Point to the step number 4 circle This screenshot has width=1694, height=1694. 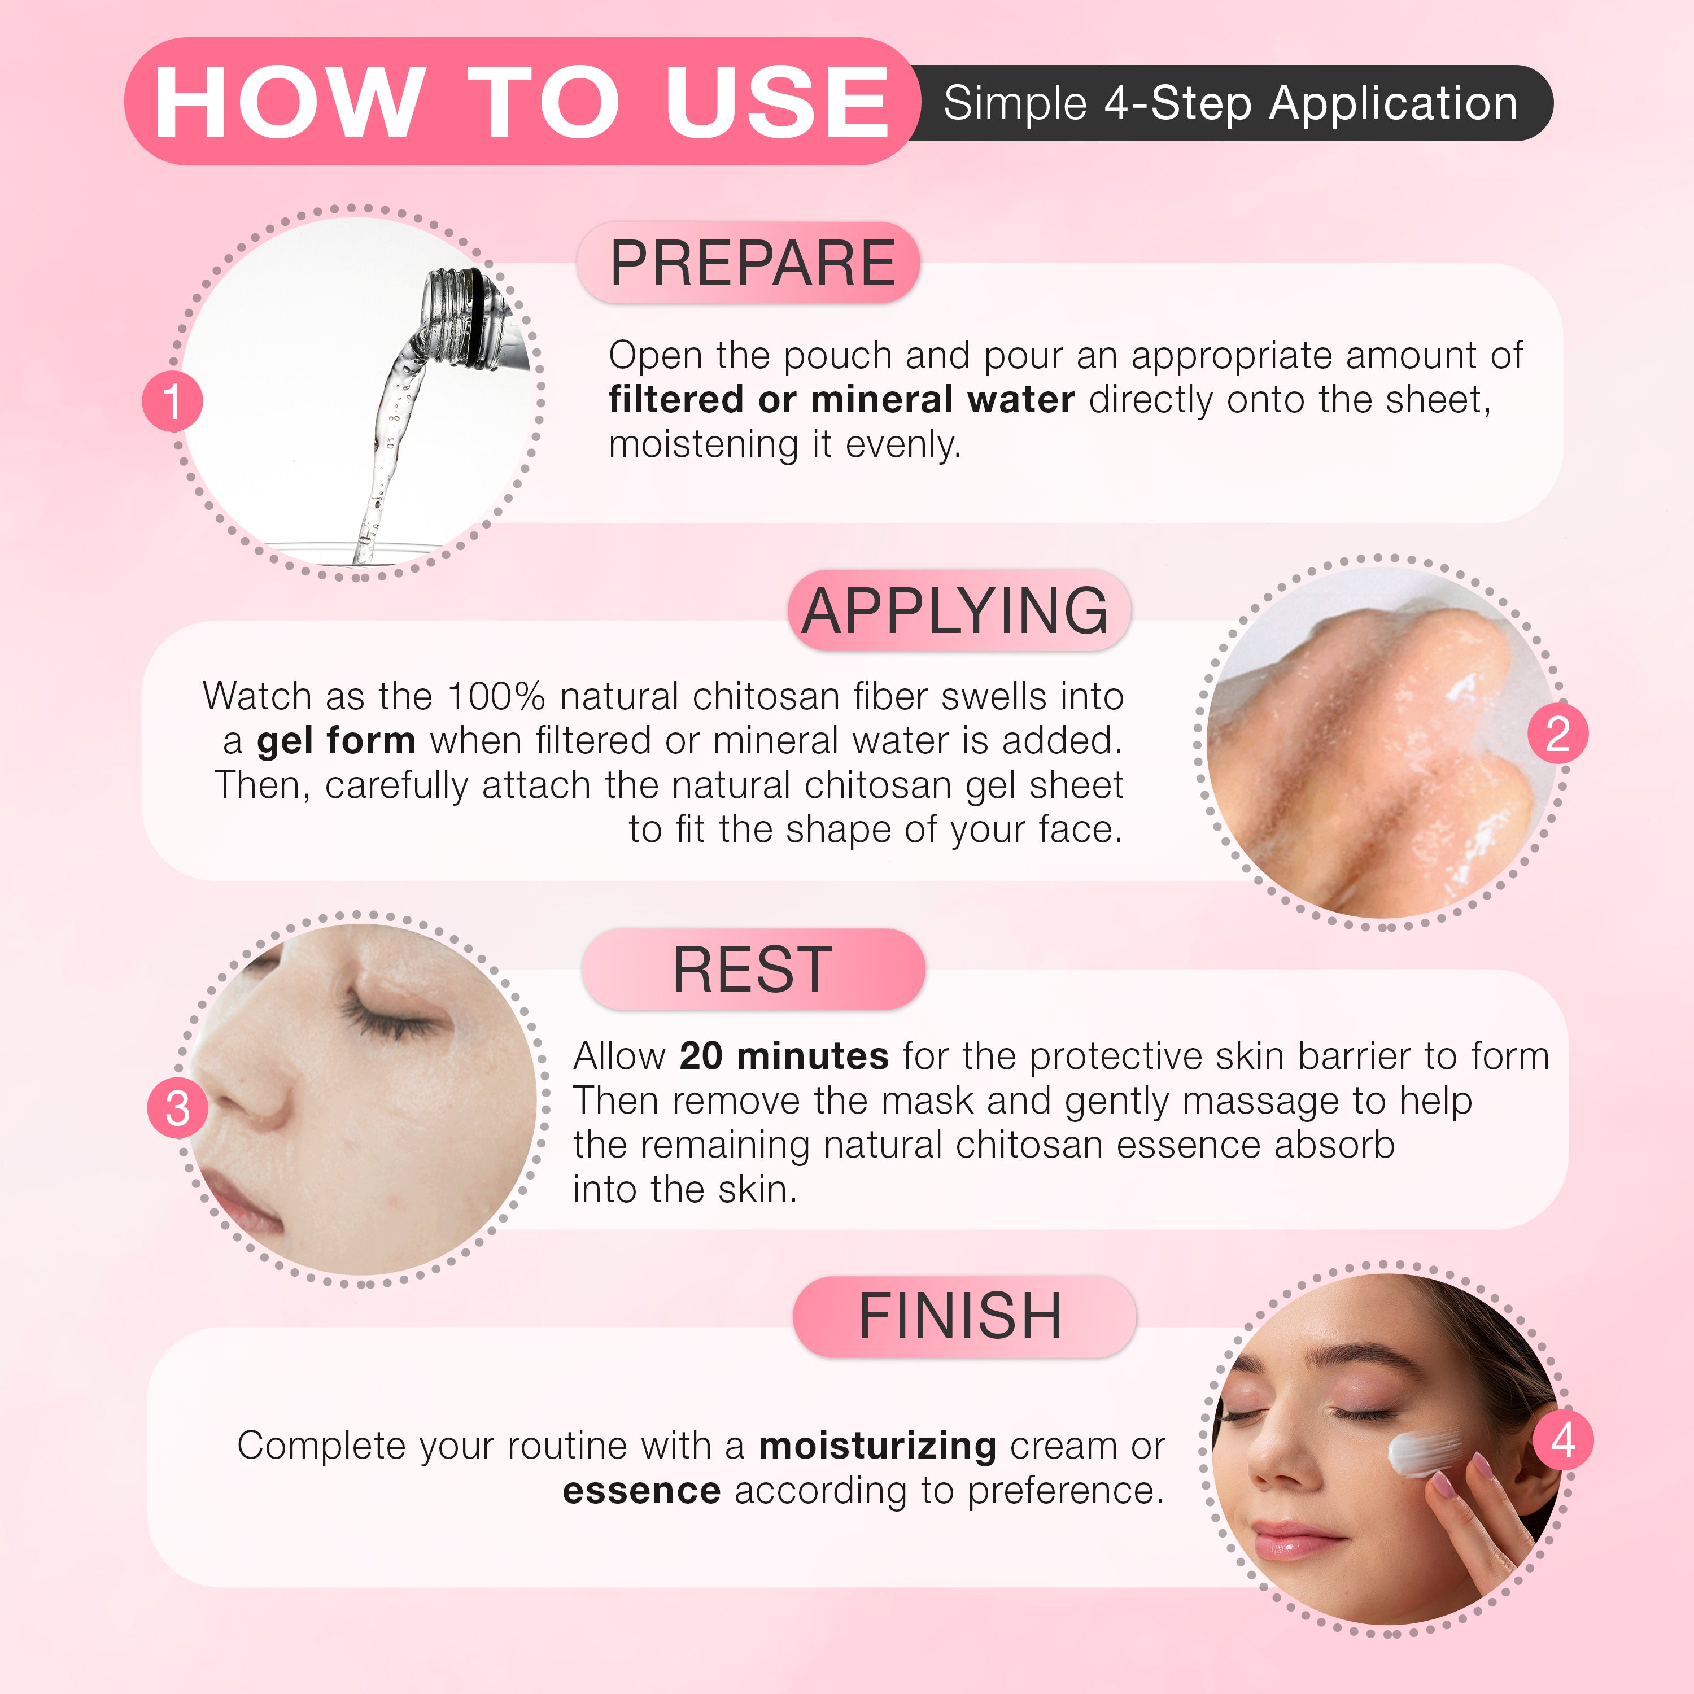coord(1562,1440)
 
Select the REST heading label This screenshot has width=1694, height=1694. coord(752,969)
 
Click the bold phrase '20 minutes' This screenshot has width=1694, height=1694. coord(784,1056)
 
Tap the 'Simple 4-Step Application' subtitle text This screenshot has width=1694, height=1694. coord(1230,103)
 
